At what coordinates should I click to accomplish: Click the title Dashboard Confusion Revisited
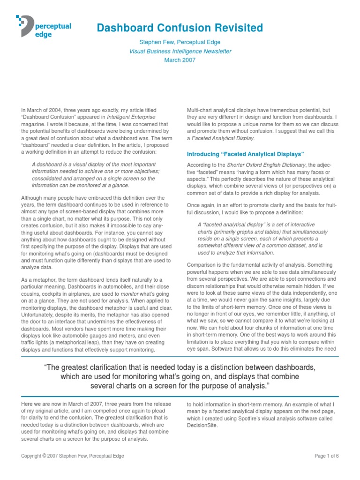coord(180,28)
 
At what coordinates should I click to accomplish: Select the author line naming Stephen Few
coord(180,42)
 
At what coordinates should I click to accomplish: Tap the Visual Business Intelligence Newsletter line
coord(180,51)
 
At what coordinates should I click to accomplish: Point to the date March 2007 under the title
coord(180,60)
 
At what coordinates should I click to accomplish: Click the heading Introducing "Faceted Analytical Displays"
coord(246,154)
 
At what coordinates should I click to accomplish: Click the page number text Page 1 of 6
coord(326,456)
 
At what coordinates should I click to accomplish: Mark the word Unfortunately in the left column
coord(40,315)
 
